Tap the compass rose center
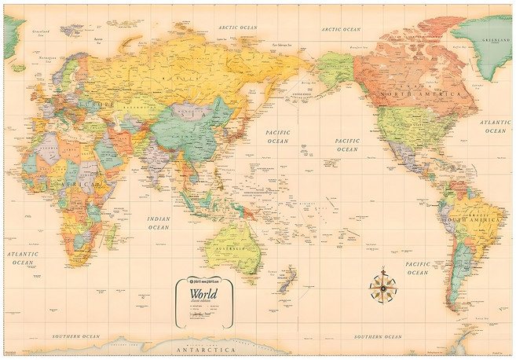[382, 287]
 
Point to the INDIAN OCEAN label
[159, 222]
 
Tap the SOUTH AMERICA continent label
[473, 221]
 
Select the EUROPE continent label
[99, 105]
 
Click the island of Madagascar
[112, 232]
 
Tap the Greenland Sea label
[36, 34]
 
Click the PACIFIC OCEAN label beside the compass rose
[417, 268]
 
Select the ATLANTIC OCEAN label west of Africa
[24, 258]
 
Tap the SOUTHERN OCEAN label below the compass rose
[378, 336]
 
